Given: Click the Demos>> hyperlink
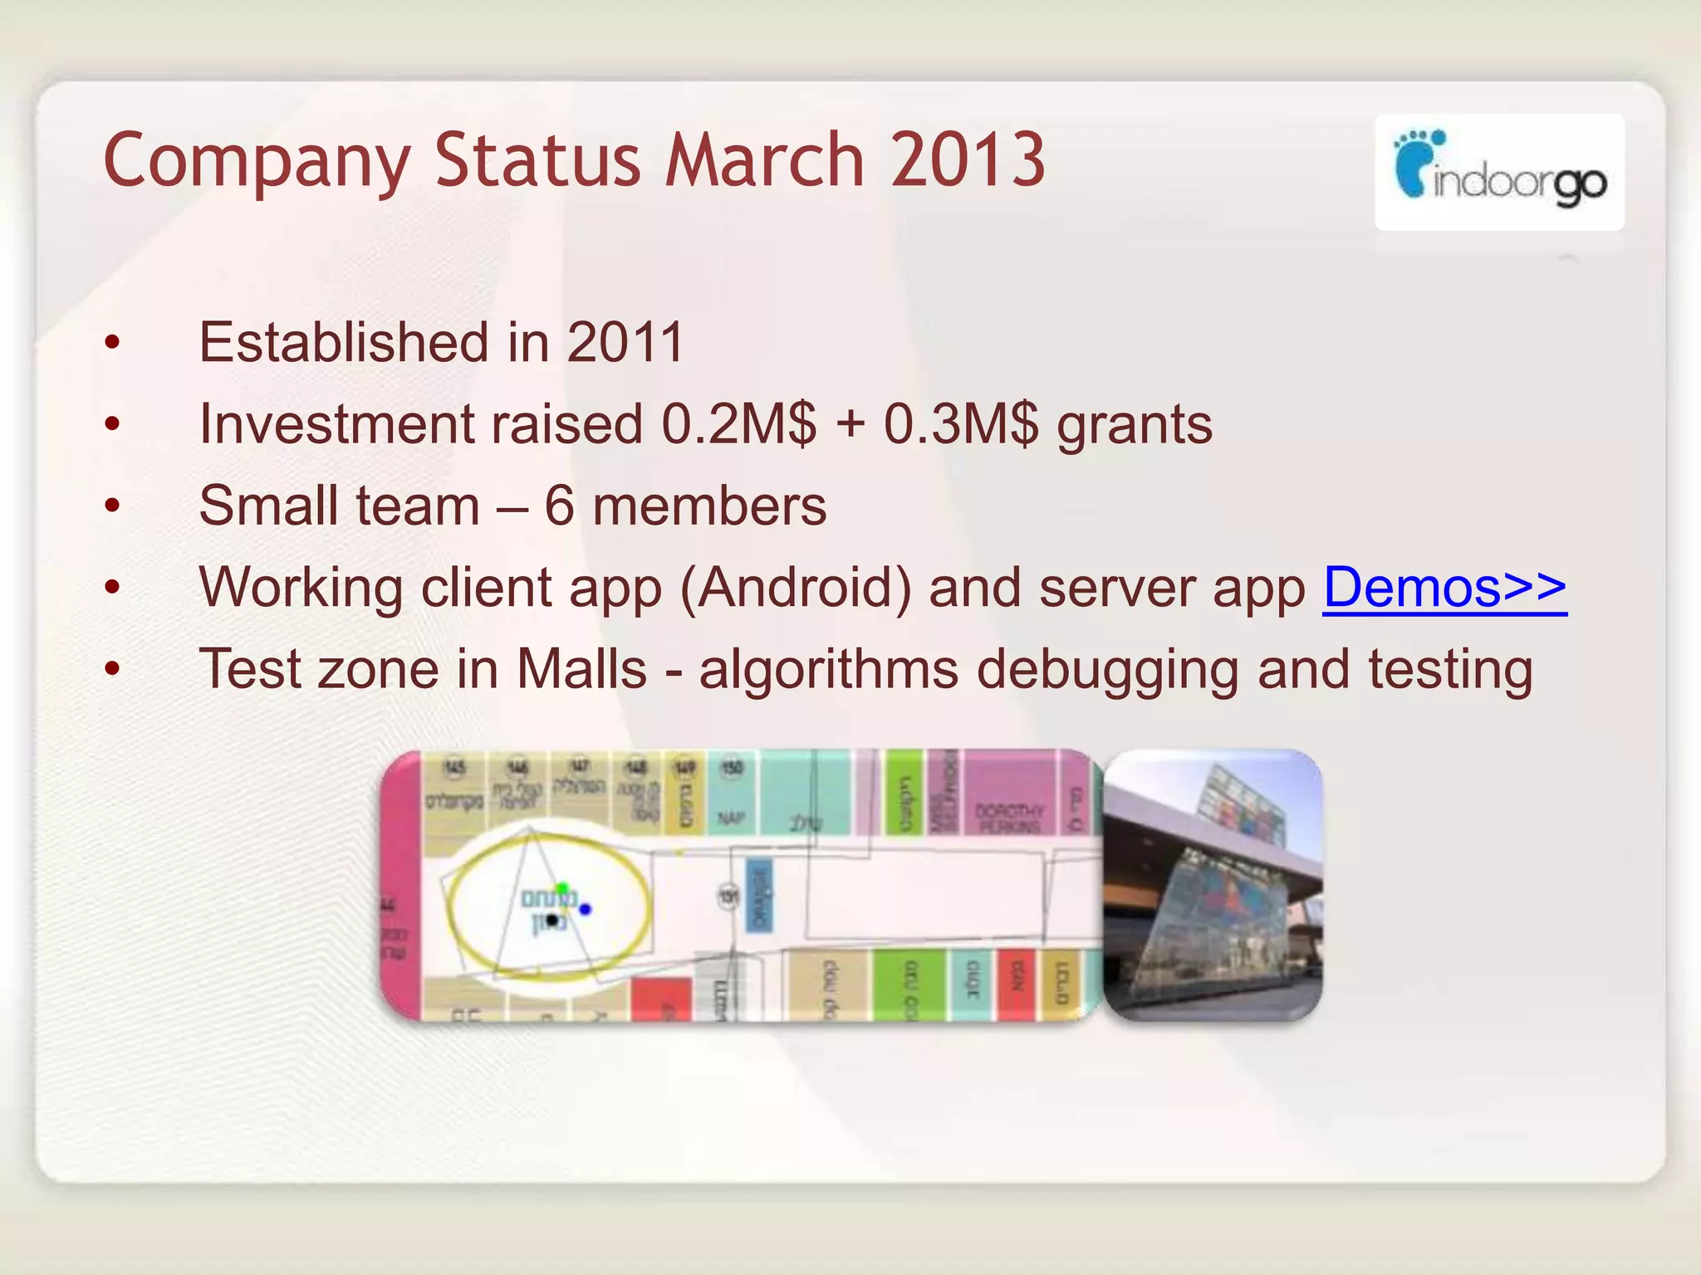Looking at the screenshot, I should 1444,588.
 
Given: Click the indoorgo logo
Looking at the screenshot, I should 1499,172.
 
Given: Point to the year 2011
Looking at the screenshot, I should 625,342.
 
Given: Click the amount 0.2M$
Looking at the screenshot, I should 738,424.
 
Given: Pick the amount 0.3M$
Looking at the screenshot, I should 960,424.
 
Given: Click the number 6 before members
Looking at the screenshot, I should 559,506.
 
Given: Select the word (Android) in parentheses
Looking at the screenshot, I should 796,588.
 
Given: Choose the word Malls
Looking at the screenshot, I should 581,669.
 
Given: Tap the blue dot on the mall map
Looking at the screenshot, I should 586,909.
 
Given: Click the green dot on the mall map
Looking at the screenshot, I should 562,889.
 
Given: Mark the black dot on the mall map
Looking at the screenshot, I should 552,920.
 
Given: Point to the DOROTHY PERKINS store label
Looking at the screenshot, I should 1009,818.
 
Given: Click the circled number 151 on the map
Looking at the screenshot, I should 728,896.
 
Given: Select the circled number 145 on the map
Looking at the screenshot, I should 453,768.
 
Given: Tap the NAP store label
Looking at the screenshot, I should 731,818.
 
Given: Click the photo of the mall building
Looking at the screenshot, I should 1213,885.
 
